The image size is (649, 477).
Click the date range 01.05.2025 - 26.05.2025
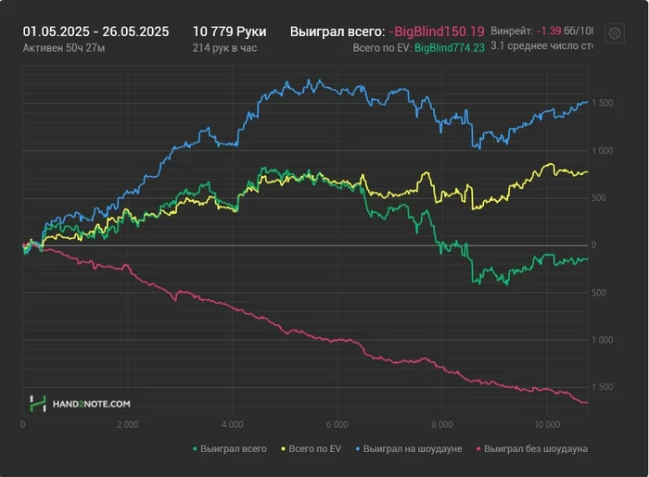point(95,31)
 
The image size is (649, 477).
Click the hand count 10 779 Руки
point(229,31)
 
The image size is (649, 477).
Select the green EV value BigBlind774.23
point(449,46)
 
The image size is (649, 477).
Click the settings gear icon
point(614,33)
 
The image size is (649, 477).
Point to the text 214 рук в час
point(224,46)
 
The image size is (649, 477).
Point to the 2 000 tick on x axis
point(128,425)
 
